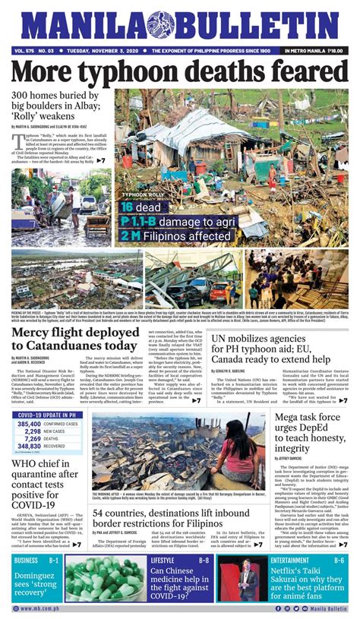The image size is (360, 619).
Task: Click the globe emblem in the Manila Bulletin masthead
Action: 161,25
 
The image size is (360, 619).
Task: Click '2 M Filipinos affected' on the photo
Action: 175,235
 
